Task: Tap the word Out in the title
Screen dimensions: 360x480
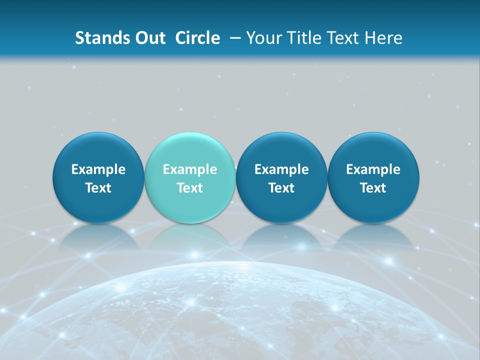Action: tap(148, 38)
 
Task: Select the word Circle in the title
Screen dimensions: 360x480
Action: tap(197, 38)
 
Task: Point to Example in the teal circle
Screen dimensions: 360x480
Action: tap(190, 169)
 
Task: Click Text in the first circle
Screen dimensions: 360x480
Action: tap(98, 188)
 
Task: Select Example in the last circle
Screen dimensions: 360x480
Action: tap(373, 169)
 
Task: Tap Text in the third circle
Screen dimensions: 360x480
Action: tap(281, 188)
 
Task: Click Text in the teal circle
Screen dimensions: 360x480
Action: tap(190, 188)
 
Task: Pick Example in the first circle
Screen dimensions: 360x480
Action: tap(98, 169)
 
